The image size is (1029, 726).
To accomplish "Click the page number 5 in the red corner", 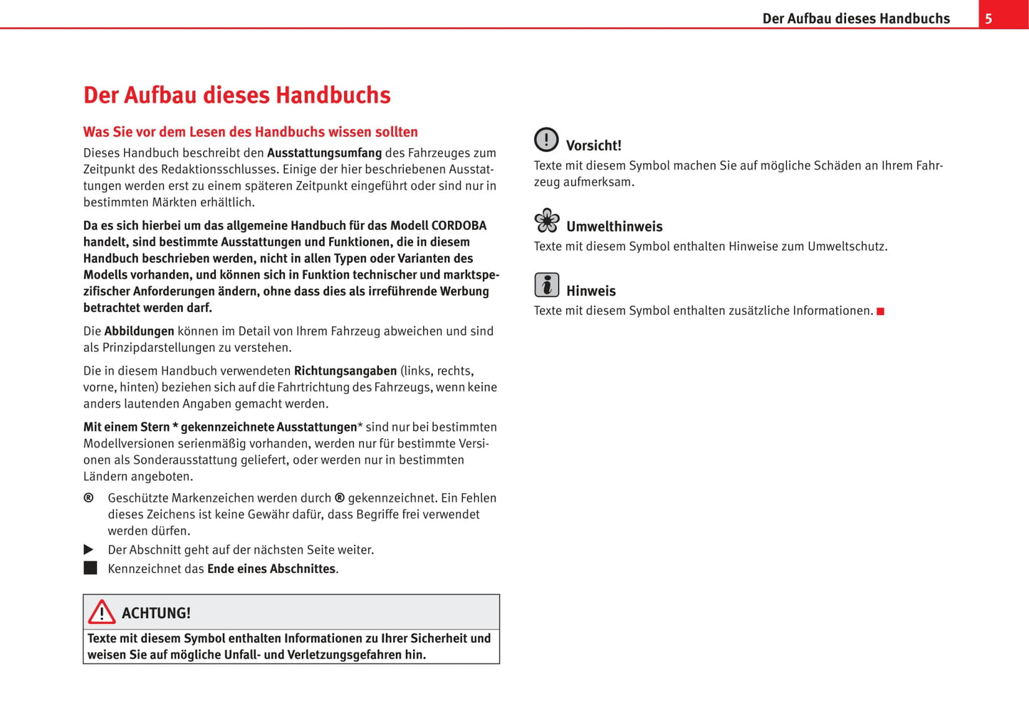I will pyautogui.click(x=988, y=19).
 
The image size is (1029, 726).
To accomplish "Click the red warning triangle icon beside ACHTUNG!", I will pyautogui.click(x=102, y=612).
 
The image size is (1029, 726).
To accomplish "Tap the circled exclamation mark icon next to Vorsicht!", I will pyautogui.click(x=546, y=140).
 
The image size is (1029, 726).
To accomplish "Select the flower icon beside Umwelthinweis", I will pyautogui.click(x=547, y=221).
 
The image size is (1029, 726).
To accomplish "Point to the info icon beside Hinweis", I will pyautogui.click(x=546, y=285).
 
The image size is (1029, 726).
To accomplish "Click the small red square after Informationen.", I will pyautogui.click(x=880, y=311).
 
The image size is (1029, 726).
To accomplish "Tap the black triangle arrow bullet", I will pyautogui.click(x=89, y=549).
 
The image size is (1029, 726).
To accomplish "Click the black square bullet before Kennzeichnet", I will pyautogui.click(x=90, y=568).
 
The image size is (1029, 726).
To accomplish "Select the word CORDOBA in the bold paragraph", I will pyautogui.click(x=459, y=226).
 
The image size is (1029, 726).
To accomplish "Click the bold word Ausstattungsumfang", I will pyautogui.click(x=324, y=153).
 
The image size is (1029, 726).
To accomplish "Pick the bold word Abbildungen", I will pyautogui.click(x=139, y=331).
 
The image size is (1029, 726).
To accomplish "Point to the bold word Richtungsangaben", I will pyautogui.click(x=345, y=371).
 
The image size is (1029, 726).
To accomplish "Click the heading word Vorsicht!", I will pyautogui.click(x=593, y=146).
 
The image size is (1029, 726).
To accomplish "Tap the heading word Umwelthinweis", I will pyautogui.click(x=614, y=227).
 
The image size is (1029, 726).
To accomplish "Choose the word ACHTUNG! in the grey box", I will pyautogui.click(x=156, y=613).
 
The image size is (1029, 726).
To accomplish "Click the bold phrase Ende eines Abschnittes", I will pyautogui.click(x=271, y=569).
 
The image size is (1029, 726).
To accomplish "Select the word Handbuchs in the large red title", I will pyautogui.click(x=333, y=95).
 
